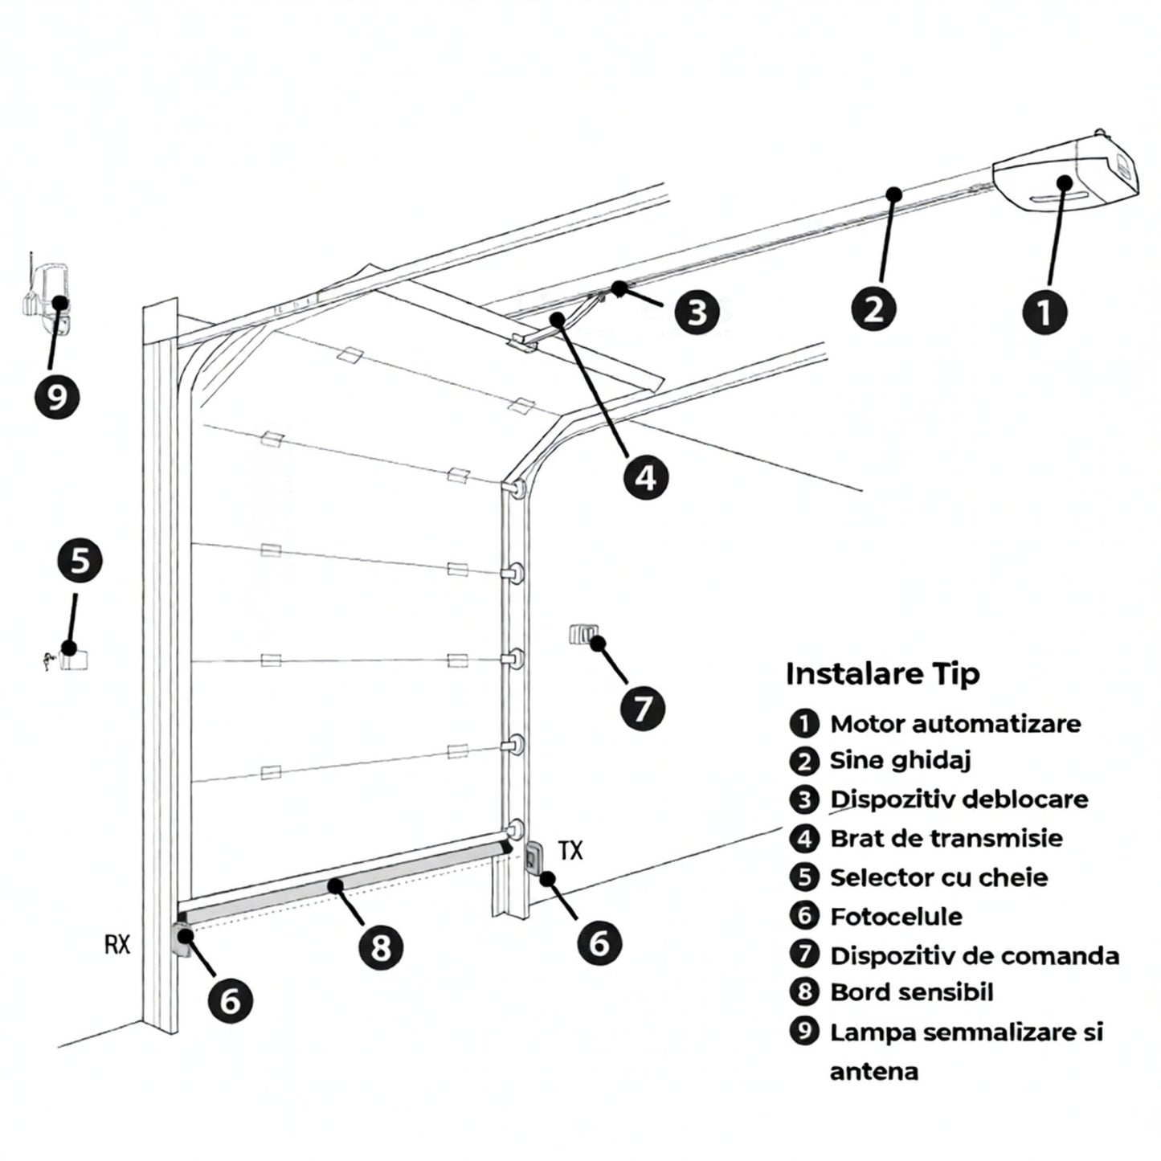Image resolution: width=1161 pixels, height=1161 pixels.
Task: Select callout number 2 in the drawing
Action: [873, 308]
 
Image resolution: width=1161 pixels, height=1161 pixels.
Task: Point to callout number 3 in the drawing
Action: [697, 311]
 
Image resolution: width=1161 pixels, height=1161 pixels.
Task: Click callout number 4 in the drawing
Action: [646, 477]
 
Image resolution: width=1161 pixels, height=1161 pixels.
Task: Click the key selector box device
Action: [73, 659]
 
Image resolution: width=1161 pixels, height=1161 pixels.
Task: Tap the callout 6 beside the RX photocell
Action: [230, 1000]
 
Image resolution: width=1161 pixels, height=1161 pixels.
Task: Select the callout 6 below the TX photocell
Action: [599, 942]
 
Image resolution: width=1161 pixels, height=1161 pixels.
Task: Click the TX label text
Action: [570, 851]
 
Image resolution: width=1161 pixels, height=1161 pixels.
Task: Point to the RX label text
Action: [117, 945]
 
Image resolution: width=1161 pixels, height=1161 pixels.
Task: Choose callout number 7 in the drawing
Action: [643, 709]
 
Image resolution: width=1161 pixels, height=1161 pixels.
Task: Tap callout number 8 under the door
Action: [380, 946]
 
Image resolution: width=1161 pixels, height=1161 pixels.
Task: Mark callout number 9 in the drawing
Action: [57, 396]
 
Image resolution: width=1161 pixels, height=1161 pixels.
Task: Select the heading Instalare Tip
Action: [882, 673]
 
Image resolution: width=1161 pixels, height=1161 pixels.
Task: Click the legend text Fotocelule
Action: [896, 916]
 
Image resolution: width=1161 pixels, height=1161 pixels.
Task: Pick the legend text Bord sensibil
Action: [911, 992]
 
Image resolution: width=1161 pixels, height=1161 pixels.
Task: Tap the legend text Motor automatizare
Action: [955, 724]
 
